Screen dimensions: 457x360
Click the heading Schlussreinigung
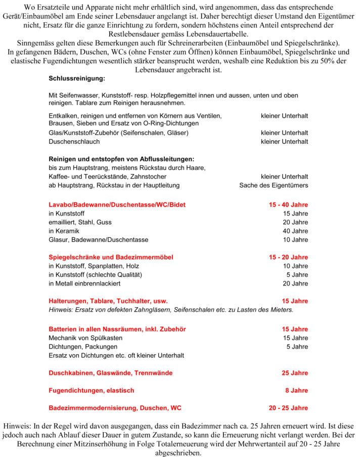(x=77, y=79)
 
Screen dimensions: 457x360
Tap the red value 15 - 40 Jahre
(x=288, y=204)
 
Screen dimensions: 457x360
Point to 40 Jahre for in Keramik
(x=295, y=231)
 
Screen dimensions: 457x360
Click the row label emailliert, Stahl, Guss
(x=80, y=222)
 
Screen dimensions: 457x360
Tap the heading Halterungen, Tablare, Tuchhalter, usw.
(x=108, y=301)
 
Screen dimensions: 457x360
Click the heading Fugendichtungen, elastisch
(x=91, y=390)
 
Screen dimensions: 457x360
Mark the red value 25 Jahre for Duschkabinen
(x=295, y=373)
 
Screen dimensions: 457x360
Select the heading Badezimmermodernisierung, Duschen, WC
(x=115, y=408)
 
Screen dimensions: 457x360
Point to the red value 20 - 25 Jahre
(x=288, y=408)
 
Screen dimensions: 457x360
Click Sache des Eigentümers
(x=274, y=186)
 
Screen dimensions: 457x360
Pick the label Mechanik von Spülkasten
(x=85, y=338)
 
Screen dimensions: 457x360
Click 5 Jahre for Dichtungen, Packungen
(x=297, y=347)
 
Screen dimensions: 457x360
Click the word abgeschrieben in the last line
(x=179, y=453)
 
